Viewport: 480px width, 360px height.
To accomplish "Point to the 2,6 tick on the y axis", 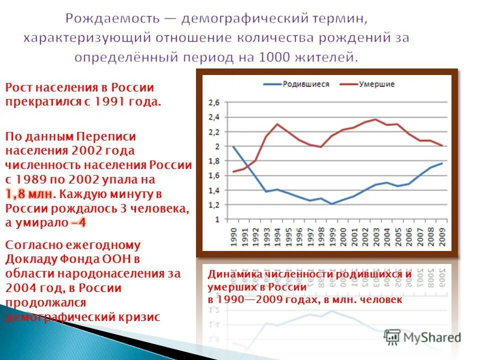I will (213, 102).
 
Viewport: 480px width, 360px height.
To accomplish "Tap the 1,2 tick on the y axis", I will (213, 205).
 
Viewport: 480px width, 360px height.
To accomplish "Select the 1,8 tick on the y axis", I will (213, 161).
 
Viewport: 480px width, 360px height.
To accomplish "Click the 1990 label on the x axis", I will (233, 235).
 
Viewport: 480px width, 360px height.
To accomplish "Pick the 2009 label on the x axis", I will (442, 235).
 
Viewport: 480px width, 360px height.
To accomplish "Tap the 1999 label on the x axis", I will (332, 235).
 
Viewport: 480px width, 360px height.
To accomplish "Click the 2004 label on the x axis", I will (387, 235).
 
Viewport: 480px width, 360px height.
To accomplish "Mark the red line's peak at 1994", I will (277, 124).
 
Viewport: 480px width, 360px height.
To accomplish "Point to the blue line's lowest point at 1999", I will (332, 204).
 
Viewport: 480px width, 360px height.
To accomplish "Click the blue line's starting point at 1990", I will (233, 146).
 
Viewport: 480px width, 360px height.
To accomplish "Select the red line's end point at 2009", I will (442, 145).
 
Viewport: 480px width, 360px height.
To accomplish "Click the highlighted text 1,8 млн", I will (29, 194).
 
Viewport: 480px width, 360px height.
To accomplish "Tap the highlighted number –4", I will (78, 223).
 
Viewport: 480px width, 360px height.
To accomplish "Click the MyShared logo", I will (422, 337).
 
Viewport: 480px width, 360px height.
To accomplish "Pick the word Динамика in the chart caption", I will (232, 274).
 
